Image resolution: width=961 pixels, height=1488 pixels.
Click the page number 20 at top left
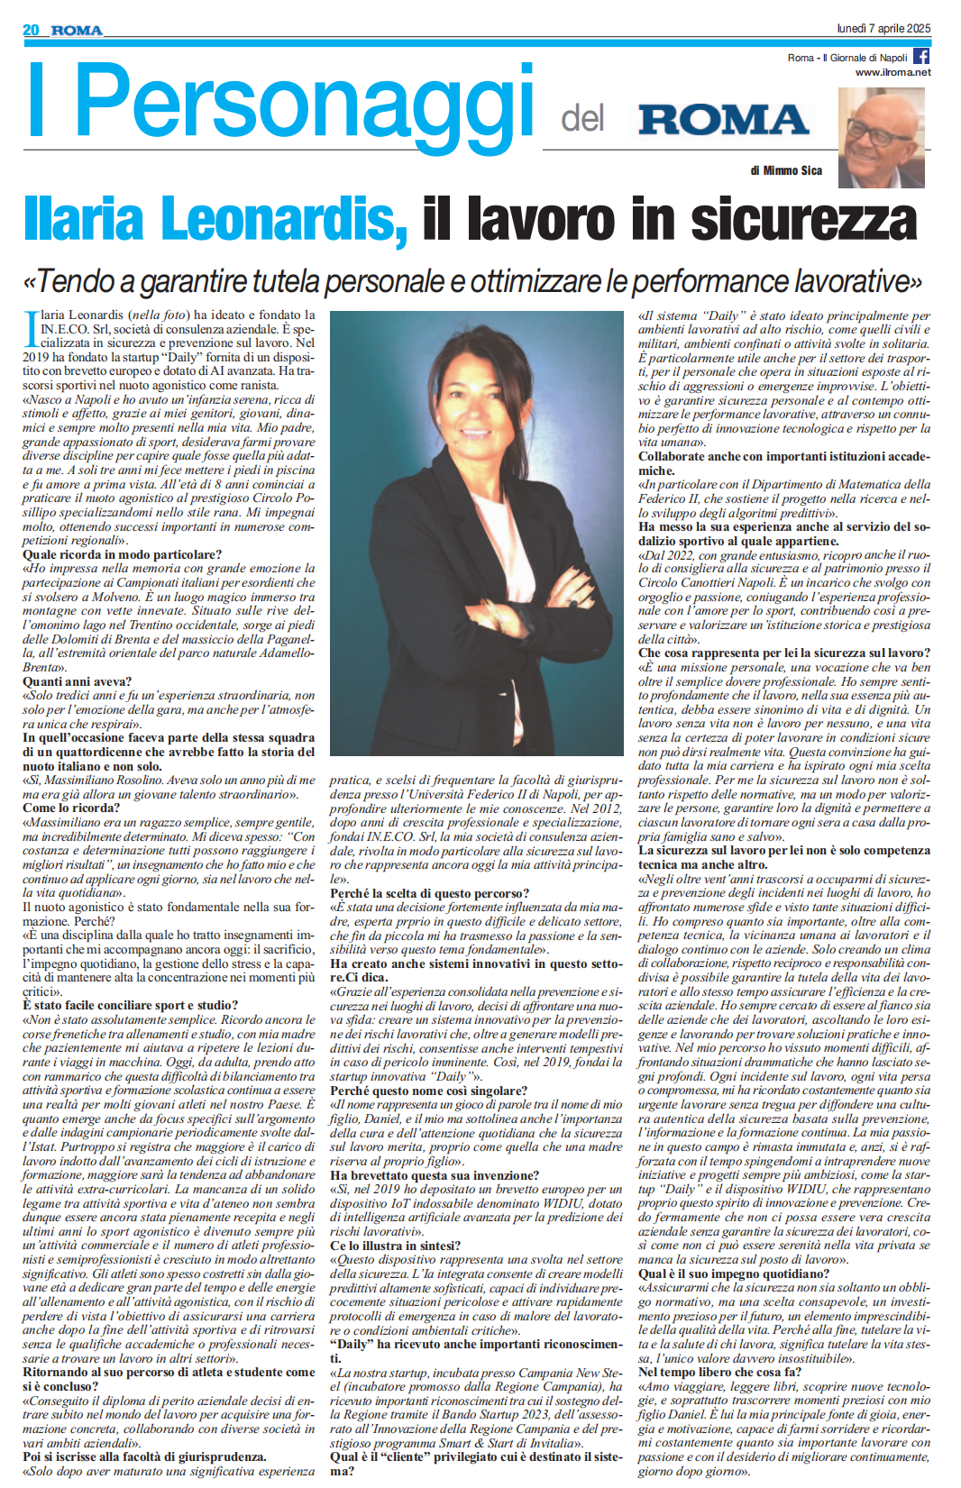point(31,30)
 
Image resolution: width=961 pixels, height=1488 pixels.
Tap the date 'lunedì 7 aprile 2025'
point(883,29)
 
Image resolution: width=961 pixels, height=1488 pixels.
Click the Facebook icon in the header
point(921,56)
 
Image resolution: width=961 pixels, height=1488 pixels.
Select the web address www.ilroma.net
point(892,72)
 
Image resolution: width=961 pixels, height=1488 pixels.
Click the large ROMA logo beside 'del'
point(723,120)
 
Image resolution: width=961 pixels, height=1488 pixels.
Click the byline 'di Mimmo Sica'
point(786,170)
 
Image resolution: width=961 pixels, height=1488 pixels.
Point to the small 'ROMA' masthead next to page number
point(77,31)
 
